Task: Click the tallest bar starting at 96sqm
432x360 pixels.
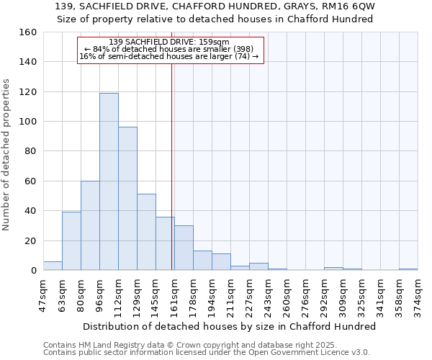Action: click(109, 181)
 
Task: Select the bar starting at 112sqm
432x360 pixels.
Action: click(127, 199)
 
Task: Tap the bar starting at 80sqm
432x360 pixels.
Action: click(90, 225)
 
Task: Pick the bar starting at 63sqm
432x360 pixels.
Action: click(71, 241)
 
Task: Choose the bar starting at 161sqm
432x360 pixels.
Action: click(184, 248)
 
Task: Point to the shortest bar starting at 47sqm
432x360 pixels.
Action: click(53, 266)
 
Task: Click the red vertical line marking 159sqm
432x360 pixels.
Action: click(172, 158)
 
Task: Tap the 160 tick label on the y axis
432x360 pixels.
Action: click(28, 32)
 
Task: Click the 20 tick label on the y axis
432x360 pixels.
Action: click(31, 240)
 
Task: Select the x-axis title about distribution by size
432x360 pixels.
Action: click(230, 326)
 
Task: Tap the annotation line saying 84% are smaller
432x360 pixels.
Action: click(170, 49)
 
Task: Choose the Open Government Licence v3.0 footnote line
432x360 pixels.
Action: click(207, 352)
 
